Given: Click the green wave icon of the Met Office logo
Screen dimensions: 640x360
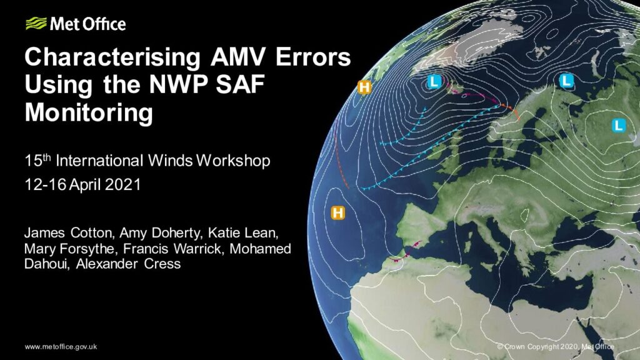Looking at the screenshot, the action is [x=36, y=24].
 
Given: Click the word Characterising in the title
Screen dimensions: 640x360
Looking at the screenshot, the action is [x=112, y=57].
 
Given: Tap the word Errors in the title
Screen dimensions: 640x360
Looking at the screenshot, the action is [x=313, y=57].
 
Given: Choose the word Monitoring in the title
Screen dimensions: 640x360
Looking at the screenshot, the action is [x=89, y=112].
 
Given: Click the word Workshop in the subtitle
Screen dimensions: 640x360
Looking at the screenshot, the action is [x=233, y=161].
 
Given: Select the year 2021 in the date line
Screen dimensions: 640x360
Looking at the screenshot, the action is [x=123, y=184].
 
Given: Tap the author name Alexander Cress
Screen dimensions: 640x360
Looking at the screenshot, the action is [x=128, y=264].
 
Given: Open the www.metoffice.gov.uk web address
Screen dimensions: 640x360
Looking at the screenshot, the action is [x=61, y=346].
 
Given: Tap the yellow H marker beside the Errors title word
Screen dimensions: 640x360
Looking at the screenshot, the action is [x=364, y=87].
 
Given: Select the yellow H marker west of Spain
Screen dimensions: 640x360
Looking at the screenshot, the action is [x=337, y=212].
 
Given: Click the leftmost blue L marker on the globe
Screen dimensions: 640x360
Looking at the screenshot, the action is [x=434, y=82].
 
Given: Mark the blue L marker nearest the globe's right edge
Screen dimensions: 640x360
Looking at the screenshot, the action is [x=619, y=125].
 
